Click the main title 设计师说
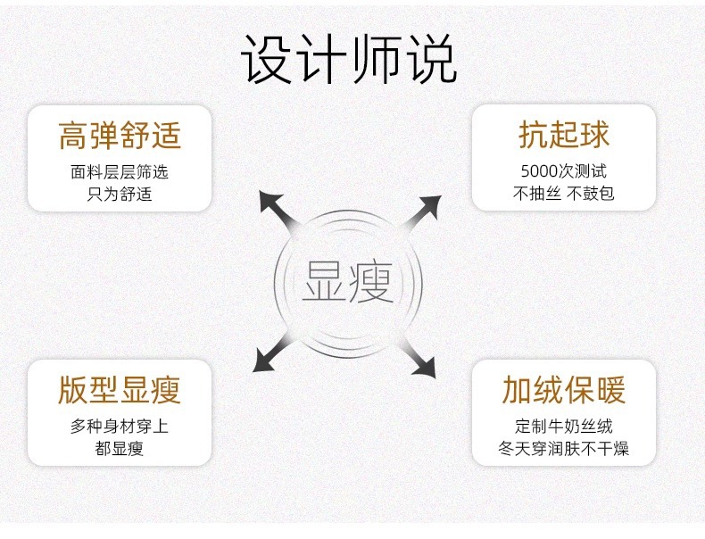[x=350, y=61]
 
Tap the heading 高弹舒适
[x=120, y=136]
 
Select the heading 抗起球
[x=564, y=135]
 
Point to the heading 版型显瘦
[x=120, y=390]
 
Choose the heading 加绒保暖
[x=564, y=390]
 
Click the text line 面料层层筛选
[x=120, y=172]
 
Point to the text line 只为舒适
[x=120, y=193]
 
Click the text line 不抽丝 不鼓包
[x=564, y=193]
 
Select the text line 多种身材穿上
[x=120, y=427]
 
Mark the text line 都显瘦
[x=120, y=448]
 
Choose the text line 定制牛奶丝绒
[x=564, y=427]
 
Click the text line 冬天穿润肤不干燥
[x=564, y=448]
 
